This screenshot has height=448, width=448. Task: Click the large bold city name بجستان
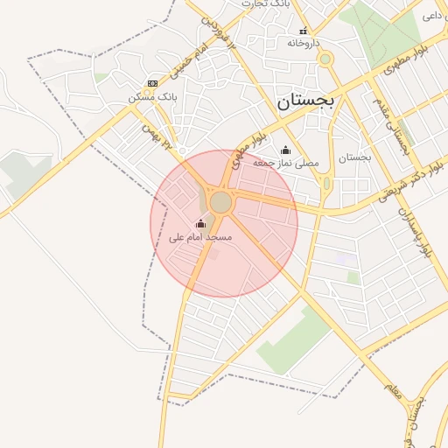tap(306, 101)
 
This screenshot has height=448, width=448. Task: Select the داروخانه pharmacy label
tap(304, 42)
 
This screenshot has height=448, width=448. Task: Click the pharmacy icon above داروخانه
tap(304, 31)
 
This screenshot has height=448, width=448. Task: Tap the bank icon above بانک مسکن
tap(152, 83)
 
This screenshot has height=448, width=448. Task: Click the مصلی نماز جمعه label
tap(286, 163)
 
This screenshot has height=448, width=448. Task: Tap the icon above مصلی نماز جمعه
tap(285, 150)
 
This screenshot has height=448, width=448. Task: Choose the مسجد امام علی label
tap(201, 237)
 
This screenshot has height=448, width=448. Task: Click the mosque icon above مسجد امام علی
tap(201, 224)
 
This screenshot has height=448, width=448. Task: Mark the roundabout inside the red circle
tap(220, 203)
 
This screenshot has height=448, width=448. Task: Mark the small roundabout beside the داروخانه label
tap(325, 59)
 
